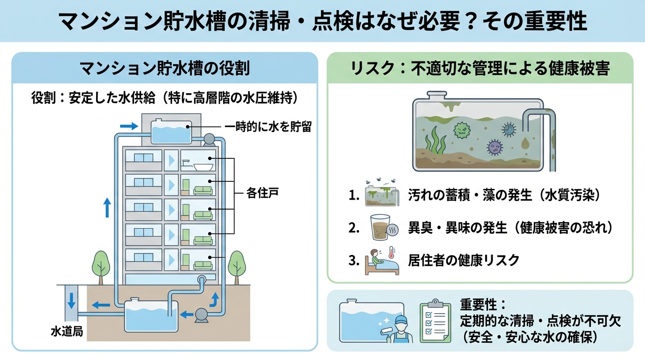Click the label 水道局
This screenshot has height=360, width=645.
pyautogui.click(x=67, y=331)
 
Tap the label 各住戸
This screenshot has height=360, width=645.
pyautogui.click(x=262, y=193)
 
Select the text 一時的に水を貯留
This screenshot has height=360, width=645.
pyautogui.click(x=268, y=127)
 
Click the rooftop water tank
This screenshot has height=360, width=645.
pyautogui.click(x=172, y=131)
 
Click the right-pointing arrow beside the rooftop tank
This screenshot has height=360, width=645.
pyautogui.click(x=128, y=126)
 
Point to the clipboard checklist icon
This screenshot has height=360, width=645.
pyautogui.click(x=435, y=322)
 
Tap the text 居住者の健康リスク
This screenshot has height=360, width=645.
pyautogui.click(x=464, y=260)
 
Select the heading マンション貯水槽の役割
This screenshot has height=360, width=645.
pyautogui.click(x=165, y=69)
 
